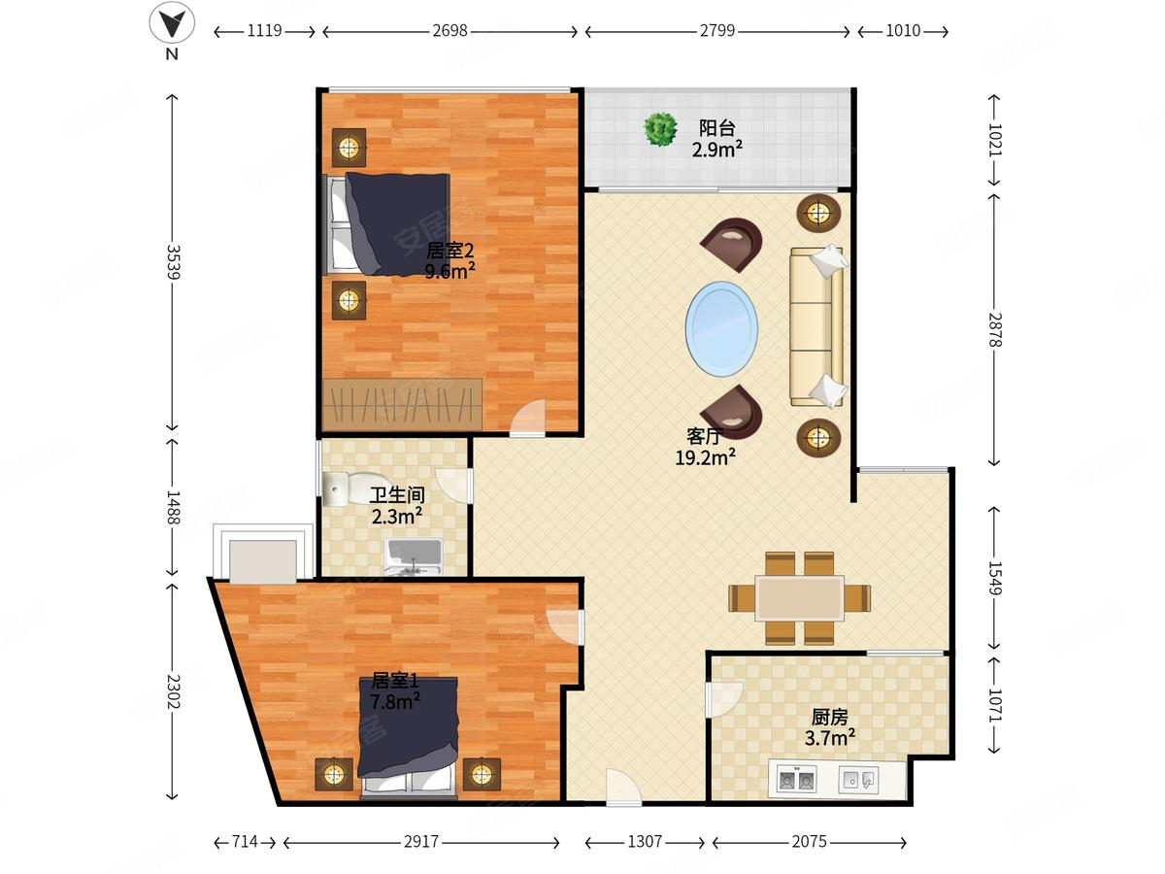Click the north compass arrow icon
[172, 22]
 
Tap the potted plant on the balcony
[660, 129]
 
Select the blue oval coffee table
[721, 329]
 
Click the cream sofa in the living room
[817, 326]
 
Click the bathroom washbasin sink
[414, 557]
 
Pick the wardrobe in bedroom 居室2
[402, 404]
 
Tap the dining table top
[800, 598]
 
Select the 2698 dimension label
[449, 31]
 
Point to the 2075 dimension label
[809, 841]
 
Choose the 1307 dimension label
[645, 841]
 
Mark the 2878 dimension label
[995, 329]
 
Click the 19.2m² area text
[705, 456]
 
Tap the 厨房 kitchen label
[829, 717]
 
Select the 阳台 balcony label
[716, 128]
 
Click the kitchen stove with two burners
[795, 780]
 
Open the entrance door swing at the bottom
[624, 786]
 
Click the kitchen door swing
[723, 699]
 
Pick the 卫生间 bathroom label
[397, 495]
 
